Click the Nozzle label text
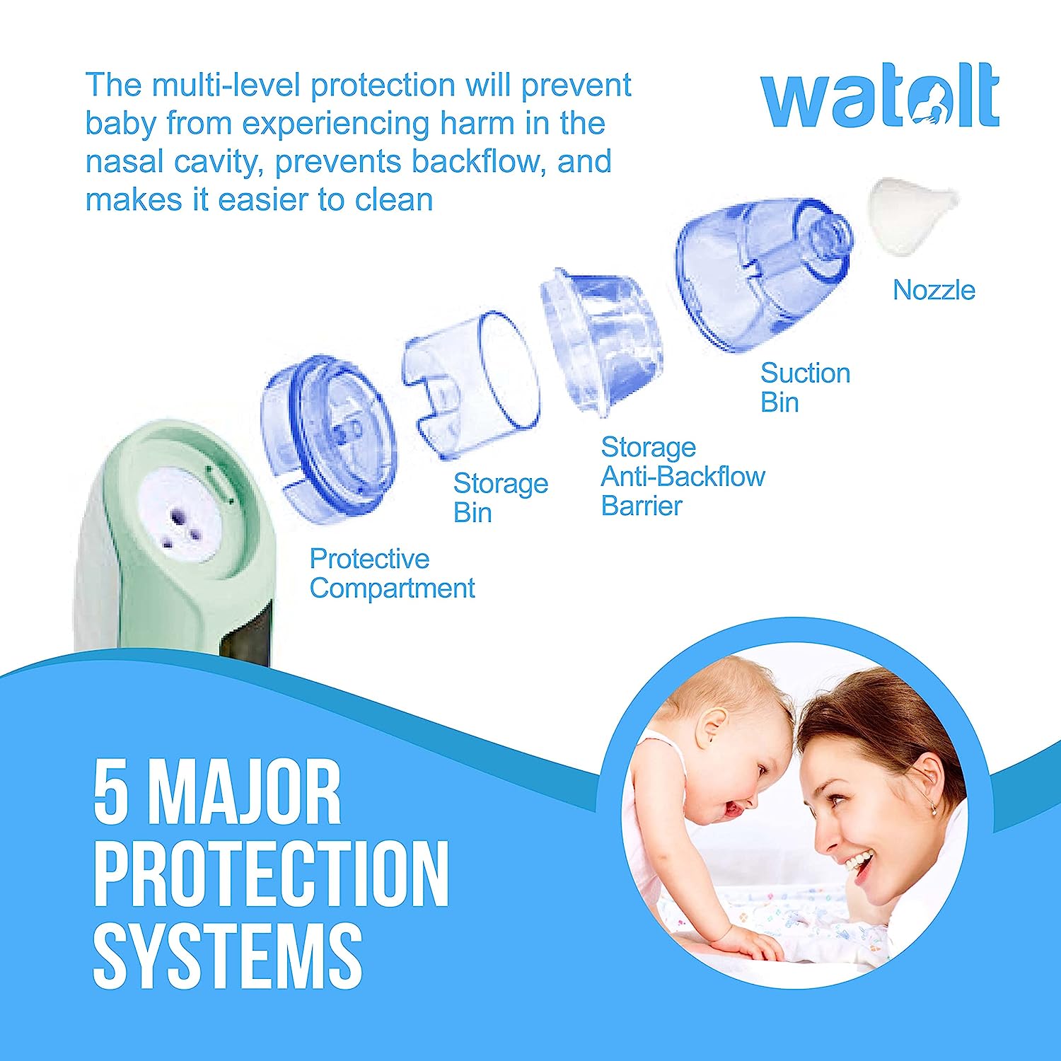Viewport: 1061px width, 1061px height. [934, 290]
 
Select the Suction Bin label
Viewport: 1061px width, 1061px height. [805, 388]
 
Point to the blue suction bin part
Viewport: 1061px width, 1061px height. [764, 272]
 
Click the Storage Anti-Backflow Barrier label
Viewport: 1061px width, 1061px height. [683, 477]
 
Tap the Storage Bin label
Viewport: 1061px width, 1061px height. [500, 498]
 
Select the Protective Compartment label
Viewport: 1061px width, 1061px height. [392, 574]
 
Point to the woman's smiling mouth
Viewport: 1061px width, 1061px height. [858, 862]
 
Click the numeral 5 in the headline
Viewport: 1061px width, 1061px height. [112, 792]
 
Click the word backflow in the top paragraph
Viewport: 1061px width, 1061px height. [478, 162]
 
